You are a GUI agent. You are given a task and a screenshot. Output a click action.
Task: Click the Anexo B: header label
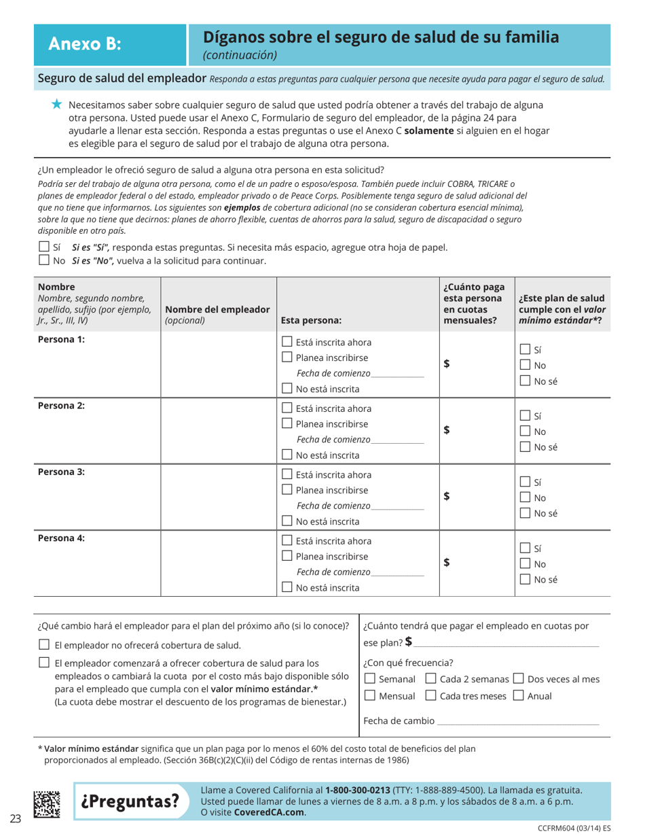pos(85,44)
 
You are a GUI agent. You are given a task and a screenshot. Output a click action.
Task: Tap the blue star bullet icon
pos(57,104)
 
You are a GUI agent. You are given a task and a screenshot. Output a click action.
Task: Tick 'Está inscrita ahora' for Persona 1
pos(287,342)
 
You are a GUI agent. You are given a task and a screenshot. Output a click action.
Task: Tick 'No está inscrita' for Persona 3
pos(287,522)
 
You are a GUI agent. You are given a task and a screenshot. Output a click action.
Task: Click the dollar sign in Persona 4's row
pos(447,562)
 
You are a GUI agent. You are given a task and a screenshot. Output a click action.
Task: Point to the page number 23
pos(16,818)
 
